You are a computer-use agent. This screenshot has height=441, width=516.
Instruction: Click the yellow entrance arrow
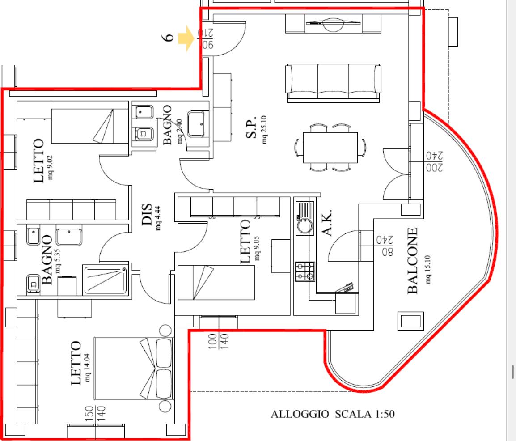186,38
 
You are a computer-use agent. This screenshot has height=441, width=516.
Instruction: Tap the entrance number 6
168,37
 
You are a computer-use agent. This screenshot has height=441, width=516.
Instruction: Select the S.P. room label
251,129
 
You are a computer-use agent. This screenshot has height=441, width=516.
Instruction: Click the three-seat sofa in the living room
334,83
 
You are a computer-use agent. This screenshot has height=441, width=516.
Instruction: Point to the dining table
330,148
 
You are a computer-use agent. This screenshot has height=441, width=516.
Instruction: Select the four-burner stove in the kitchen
305,271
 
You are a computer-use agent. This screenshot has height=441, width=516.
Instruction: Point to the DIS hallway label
147,214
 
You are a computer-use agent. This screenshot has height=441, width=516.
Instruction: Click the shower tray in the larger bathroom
106,280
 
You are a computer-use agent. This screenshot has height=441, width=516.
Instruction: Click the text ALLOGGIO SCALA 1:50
333,414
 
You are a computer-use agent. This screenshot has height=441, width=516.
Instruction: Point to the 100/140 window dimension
218,341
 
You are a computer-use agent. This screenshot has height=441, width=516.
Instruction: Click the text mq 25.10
264,130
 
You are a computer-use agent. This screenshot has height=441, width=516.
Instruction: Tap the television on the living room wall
333,24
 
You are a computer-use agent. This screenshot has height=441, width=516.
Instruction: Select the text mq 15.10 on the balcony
428,269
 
